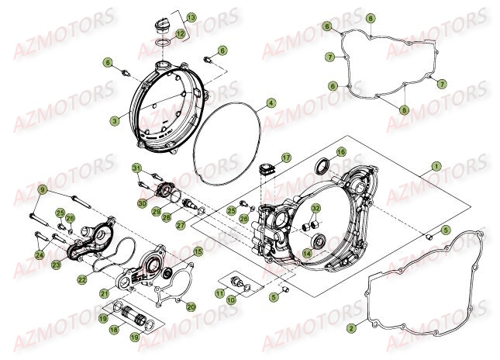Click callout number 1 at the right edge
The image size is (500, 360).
point(436,166)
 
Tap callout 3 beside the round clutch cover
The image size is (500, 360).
point(114,120)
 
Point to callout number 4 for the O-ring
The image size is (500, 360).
point(271,102)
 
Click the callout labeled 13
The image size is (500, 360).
point(191,16)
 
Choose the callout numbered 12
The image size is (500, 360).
point(180,33)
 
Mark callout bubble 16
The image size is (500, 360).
point(340,152)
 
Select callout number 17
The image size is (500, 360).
point(286,157)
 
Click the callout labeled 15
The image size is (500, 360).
point(198,251)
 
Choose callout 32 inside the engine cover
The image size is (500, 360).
point(316,209)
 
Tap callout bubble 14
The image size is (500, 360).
point(307,252)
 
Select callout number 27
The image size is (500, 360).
point(181,225)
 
